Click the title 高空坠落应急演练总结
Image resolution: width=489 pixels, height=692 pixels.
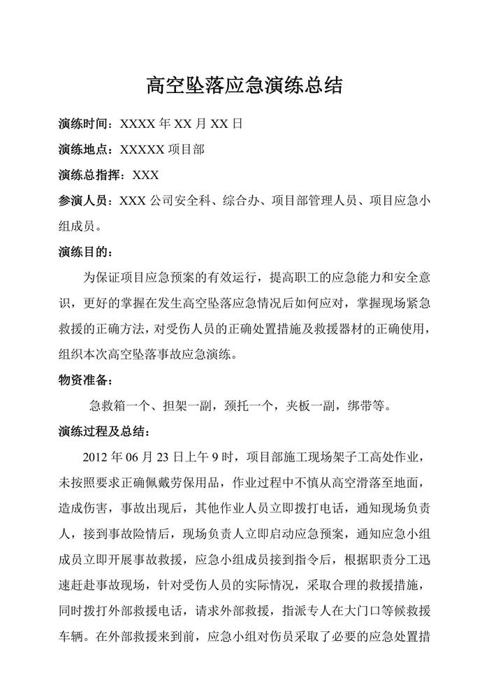[244, 86]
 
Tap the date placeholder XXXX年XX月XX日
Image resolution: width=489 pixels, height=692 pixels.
[181, 124]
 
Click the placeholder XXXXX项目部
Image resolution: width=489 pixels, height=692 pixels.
[162, 150]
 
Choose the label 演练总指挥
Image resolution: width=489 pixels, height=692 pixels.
[89, 175]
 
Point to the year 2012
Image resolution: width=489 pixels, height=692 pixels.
[96, 456]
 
